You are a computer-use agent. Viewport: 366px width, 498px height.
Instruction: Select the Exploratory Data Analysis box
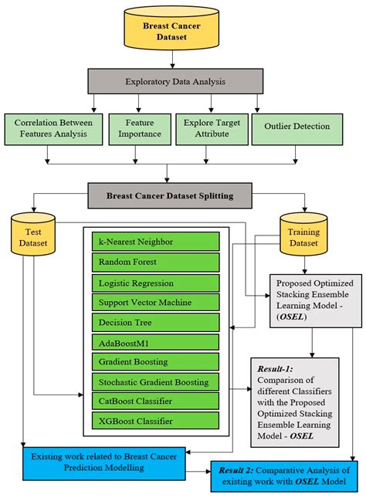[182, 80]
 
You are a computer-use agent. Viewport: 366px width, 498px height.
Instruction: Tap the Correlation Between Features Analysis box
[53, 128]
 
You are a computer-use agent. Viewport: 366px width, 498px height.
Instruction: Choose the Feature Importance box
[137, 128]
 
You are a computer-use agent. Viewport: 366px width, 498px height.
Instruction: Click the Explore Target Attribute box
[211, 128]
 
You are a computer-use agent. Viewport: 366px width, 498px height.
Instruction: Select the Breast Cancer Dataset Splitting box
[182, 195]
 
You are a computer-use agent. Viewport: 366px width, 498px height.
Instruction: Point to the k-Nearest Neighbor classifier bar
[155, 242]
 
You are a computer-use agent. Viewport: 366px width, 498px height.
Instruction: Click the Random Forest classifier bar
[155, 262]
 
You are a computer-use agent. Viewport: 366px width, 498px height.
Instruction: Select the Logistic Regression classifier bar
[155, 282]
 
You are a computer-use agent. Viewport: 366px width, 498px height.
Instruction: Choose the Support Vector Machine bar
[155, 301]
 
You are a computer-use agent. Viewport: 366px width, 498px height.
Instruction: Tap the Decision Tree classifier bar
[155, 321]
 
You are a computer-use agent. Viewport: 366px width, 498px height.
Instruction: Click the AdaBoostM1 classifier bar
[155, 341]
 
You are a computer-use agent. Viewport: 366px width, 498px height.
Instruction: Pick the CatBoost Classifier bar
[155, 401]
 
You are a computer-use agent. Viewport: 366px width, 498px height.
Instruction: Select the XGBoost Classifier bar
[155, 421]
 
